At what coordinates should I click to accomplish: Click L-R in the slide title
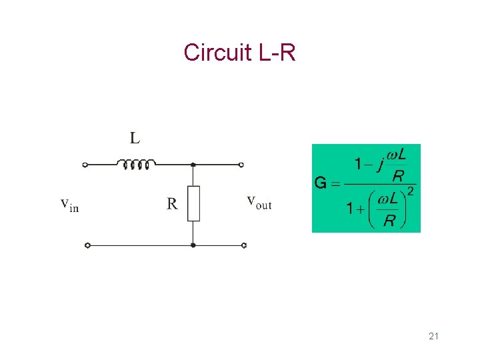275,52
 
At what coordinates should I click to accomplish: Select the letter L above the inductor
135,138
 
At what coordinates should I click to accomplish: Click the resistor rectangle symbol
193,203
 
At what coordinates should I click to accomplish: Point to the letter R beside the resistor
172,203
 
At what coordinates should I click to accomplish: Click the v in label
69,204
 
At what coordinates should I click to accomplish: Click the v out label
259,201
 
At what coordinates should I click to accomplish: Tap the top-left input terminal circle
85,165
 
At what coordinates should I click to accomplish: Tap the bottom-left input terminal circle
87,245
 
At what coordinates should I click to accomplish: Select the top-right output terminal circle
241,165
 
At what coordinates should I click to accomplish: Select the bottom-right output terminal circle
244,245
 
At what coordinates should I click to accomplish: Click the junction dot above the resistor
193,165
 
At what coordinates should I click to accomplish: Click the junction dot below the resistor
193,245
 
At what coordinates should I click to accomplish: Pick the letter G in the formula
321,183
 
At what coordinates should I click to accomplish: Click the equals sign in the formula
335,183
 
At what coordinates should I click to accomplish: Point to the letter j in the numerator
379,165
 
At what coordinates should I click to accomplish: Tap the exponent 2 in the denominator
410,192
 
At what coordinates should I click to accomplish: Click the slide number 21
434,336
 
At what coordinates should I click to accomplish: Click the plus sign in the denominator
361,209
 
